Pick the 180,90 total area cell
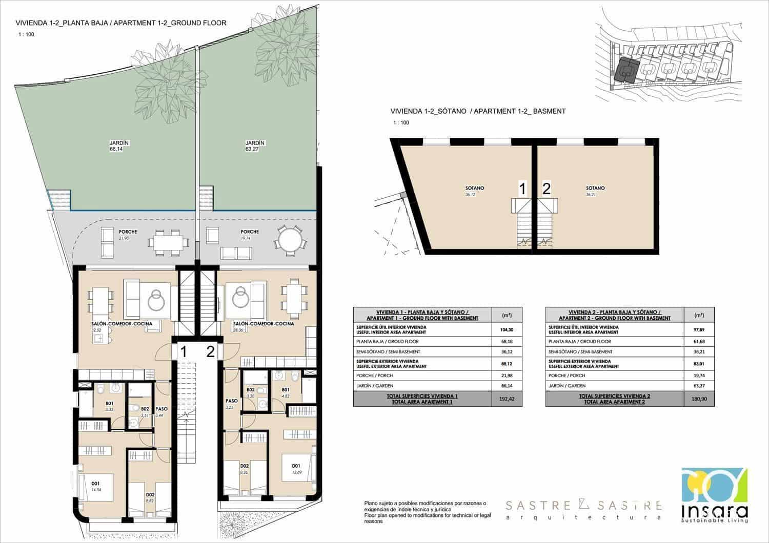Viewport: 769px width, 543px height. pyautogui.click(x=699, y=399)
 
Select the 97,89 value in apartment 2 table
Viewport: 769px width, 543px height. pyautogui.click(x=699, y=329)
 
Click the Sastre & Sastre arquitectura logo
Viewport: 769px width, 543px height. pyautogui.click(x=583, y=510)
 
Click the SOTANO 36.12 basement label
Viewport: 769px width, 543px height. pyautogui.click(x=475, y=191)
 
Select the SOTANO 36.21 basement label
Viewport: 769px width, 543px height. pyautogui.click(x=595, y=191)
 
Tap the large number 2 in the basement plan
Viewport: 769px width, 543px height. pyautogui.click(x=547, y=189)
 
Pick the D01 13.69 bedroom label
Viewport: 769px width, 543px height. pyautogui.click(x=296, y=468)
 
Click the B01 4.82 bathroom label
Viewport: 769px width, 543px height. pyautogui.click(x=286, y=392)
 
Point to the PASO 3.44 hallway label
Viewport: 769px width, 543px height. pyautogui.click(x=162, y=412)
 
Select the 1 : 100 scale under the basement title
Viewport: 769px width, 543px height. pyautogui.click(x=401, y=123)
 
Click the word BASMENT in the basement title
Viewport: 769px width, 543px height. pyautogui.click(x=549, y=111)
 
